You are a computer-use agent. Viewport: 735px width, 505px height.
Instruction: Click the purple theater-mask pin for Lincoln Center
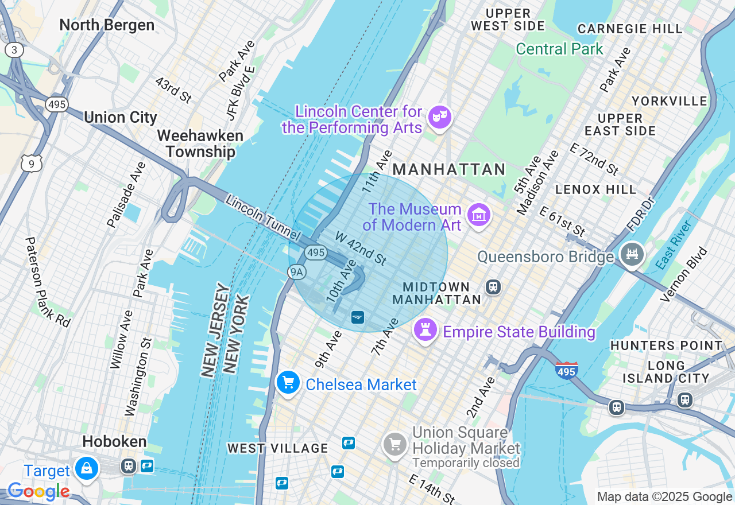click(x=440, y=117)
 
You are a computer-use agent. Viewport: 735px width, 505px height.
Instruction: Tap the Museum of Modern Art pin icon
click(x=478, y=215)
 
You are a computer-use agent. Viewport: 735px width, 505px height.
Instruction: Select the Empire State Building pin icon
click(x=425, y=331)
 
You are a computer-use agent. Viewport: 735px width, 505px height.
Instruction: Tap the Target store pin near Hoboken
click(x=87, y=468)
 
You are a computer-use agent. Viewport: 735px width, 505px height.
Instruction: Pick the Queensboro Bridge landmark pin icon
click(x=632, y=254)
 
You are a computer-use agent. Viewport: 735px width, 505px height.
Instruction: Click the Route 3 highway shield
click(x=14, y=50)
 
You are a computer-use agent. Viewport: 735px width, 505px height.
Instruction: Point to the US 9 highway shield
click(x=31, y=164)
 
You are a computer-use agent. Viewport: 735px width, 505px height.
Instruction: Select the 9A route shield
click(x=296, y=272)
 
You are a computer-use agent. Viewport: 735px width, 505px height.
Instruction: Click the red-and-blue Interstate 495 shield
click(x=566, y=370)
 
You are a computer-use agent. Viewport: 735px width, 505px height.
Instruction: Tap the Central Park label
click(x=559, y=49)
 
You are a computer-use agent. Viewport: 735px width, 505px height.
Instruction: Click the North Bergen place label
click(x=107, y=25)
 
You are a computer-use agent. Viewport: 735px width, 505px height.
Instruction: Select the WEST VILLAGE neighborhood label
click(x=277, y=448)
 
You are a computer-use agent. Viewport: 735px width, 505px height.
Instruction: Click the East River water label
click(x=674, y=245)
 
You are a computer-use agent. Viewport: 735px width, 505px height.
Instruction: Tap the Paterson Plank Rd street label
click(x=47, y=282)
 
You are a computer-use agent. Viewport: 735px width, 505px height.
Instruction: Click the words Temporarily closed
click(x=466, y=463)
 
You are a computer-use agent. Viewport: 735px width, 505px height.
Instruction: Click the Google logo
click(x=38, y=492)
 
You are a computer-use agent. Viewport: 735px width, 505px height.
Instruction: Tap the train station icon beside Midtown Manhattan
click(x=493, y=286)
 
